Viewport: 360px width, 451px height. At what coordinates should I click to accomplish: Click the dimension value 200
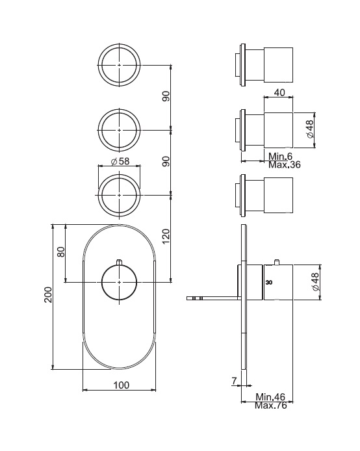pos(48,294)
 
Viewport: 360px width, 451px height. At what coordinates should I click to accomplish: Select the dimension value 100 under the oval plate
pos(122,385)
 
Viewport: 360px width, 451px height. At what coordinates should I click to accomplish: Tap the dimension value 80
pos(61,251)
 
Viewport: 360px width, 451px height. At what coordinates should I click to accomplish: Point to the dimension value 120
pos(166,237)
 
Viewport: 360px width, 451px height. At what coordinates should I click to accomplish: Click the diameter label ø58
pos(120,161)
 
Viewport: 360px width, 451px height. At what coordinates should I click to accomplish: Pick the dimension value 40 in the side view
pos(279,92)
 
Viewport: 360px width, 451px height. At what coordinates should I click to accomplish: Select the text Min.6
pos(280,156)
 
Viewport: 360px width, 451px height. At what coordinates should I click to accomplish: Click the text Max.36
pos(285,165)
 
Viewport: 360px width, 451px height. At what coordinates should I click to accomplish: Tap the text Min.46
pos(270,397)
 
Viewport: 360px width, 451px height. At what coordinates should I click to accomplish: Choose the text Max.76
pos(271,406)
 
